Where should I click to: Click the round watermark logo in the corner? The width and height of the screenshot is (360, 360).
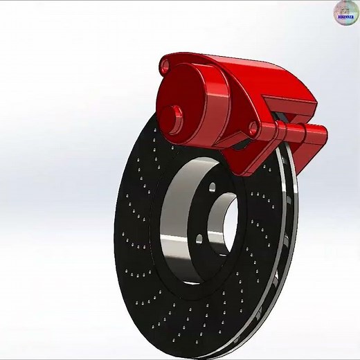[x=346, y=12]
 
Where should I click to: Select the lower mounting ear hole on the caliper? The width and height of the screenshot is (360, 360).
[x=254, y=129]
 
